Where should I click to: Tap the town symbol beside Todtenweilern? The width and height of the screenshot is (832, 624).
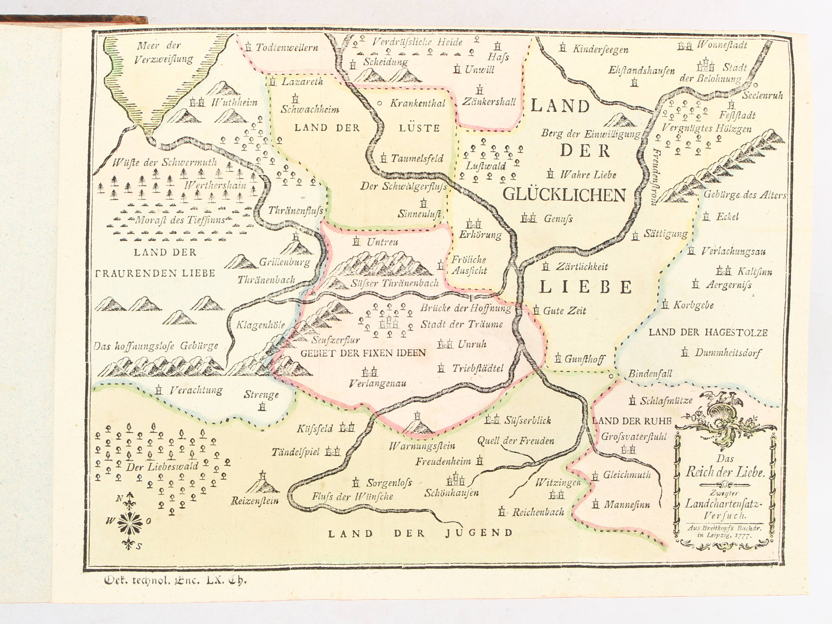[x=248, y=47]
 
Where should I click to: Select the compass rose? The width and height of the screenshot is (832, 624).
[x=130, y=522]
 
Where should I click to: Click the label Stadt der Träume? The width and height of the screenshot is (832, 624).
[x=461, y=324]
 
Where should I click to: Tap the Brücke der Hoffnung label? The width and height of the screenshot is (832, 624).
[x=466, y=308]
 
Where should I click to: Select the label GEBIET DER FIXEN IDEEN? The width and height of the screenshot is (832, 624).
[x=363, y=353]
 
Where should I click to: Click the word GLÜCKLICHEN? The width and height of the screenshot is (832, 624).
[x=564, y=194]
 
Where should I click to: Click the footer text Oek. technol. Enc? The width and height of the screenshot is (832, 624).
[x=175, y=580]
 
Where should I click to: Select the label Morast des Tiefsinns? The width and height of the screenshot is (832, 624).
[x=180, y=220]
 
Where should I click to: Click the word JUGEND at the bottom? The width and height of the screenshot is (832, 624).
[x=479, y=532]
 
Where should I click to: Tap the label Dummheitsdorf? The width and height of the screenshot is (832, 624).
[x=728, y=353]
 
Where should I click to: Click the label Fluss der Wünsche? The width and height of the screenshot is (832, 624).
[x=352, y=497]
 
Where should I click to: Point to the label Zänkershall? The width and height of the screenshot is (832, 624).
[x=489, y=102]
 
